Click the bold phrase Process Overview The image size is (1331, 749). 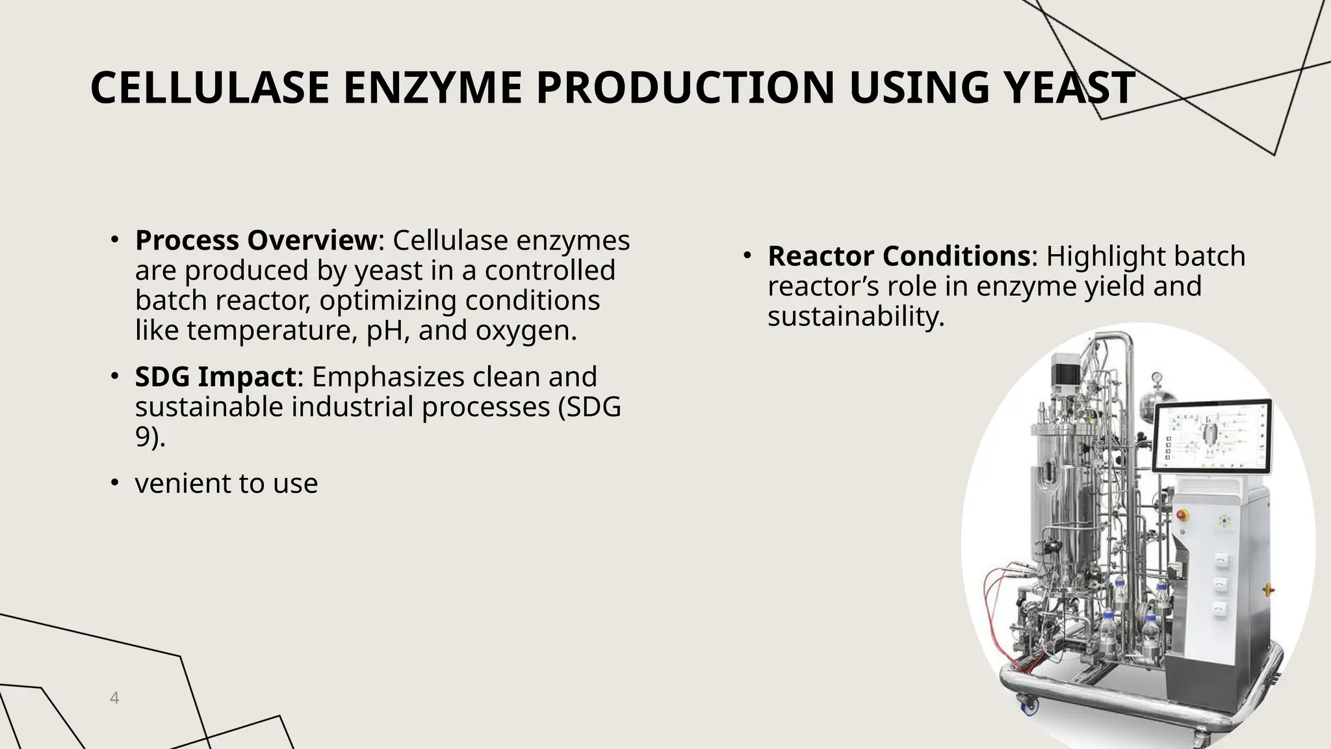pyautogui.click(x=255, y=241)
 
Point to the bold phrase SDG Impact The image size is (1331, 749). pyautogui.click(x=215, y=377)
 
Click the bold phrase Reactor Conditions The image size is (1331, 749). pyautogui.click(x=899, y=256)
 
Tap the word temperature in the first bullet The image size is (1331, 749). pyautogui.click(x=272, y=330)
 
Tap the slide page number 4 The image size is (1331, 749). pyautogui.click(x=114, y=698)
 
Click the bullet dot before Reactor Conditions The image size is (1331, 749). pyautogui.click(x=747, y=256)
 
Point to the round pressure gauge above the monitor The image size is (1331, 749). pyautogui.click(x=1157, y=378)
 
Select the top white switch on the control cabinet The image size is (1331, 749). pyautogui.click(x=1221, y=558)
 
